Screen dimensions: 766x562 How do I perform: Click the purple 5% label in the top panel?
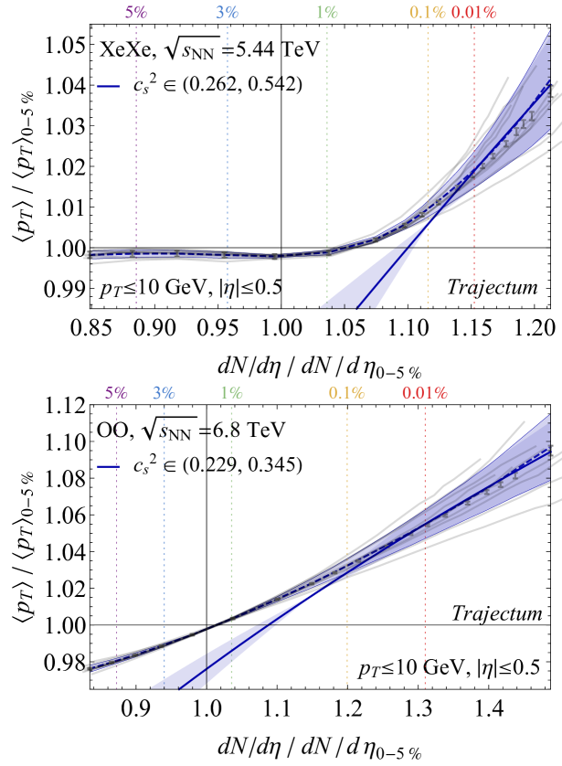tap(136, 12)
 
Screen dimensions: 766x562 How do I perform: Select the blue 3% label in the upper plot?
tap(228, 12)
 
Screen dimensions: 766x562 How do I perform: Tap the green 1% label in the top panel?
tap(327, 12)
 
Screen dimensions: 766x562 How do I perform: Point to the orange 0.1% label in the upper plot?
tap(428, 12)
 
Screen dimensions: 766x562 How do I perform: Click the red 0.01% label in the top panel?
tap(473, 12)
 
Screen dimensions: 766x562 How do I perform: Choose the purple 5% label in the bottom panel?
tap(116, 393)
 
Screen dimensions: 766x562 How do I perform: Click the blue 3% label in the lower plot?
tap(164, 393)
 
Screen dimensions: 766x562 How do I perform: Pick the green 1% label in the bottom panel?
tap(231, 393)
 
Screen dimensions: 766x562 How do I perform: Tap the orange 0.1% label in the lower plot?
tap(347, 393)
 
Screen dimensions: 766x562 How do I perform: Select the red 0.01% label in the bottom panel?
tap(425, 393)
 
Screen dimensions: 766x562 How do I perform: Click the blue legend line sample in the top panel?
tap(109, 87)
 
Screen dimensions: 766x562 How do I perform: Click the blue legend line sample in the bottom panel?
tap(109, 467)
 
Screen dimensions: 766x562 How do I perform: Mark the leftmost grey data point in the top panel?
tap(90, 255)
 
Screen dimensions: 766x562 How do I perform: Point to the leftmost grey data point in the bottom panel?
tap(90, 668)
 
